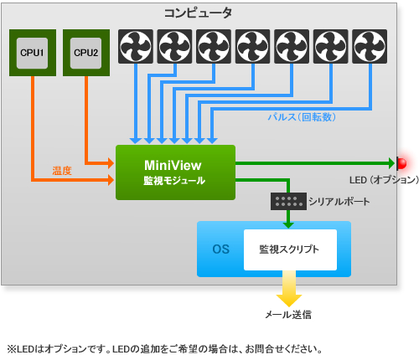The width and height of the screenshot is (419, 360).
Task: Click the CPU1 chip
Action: coord(33,53)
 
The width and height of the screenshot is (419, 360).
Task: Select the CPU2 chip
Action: coord(86,53)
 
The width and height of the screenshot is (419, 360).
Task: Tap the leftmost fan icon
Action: coord(136,46)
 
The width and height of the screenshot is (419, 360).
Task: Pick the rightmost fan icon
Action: coord(370,46)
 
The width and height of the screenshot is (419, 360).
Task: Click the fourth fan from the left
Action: coord(253,46)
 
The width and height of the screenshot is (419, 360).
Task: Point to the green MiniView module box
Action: coord(175,172)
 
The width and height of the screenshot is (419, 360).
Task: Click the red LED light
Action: coord(402,163)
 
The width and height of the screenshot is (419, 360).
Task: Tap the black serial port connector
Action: coord(288,201)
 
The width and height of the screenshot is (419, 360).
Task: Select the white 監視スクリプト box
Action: coord(290,249)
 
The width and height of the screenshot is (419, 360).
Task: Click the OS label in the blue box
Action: coord(220,249)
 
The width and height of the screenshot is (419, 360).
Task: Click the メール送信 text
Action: coord(288,315)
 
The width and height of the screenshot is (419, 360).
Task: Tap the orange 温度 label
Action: coord(62,171)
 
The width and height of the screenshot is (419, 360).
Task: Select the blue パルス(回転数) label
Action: coord(302,117)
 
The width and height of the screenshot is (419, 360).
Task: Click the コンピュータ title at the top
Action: coord(198,13)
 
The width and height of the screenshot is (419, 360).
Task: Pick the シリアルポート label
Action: coord(339,202)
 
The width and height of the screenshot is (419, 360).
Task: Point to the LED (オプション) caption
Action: coord(384,180)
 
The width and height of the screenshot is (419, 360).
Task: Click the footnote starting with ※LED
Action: coord(165,349)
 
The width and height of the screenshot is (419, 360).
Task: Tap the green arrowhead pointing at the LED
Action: coord(391,163)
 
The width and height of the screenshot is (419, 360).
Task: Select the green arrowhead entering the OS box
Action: coord(288,225)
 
